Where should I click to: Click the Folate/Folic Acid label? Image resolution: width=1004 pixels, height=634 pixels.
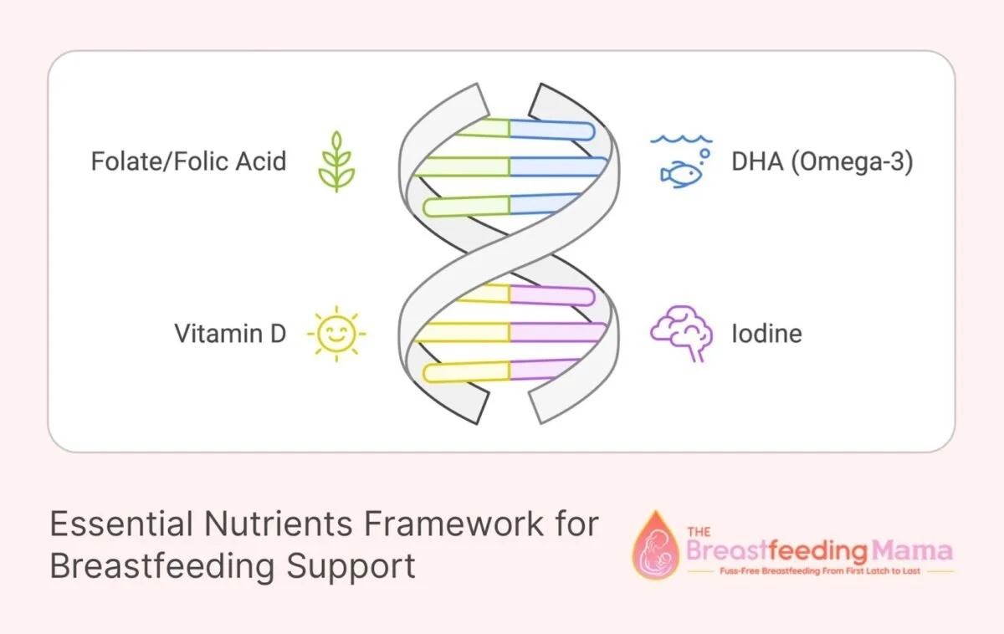click(x=188, y=160)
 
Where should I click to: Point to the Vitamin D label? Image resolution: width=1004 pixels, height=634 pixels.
click(x=230, y=333)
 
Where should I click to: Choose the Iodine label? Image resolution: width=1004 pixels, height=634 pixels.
click(x=766, y=333)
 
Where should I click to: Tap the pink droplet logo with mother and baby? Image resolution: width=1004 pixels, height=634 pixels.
click(x=656, y=545)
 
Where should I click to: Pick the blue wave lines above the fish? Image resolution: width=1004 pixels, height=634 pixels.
click(x=683, y=139)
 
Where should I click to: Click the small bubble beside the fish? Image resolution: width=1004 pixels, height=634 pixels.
click(x=704, y=155)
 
